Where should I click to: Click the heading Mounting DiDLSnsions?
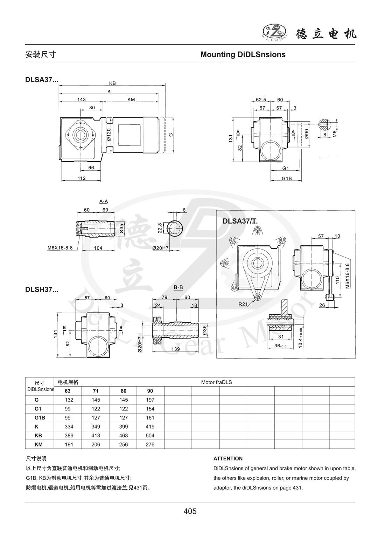(243, 55)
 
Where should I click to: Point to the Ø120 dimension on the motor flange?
(109, 135)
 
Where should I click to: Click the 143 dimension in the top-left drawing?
(81, 100)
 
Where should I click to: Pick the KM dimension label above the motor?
(131, 100)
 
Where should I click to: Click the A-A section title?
(103, 202)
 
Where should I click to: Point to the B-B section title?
(178, 287)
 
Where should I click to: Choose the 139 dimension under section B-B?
(176, 349)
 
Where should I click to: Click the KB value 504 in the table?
(150, 436)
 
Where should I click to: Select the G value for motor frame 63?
(68, 400)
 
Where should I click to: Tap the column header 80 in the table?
(123, 391)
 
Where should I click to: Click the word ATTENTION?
(228, 458)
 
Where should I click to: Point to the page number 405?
(190, 511)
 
